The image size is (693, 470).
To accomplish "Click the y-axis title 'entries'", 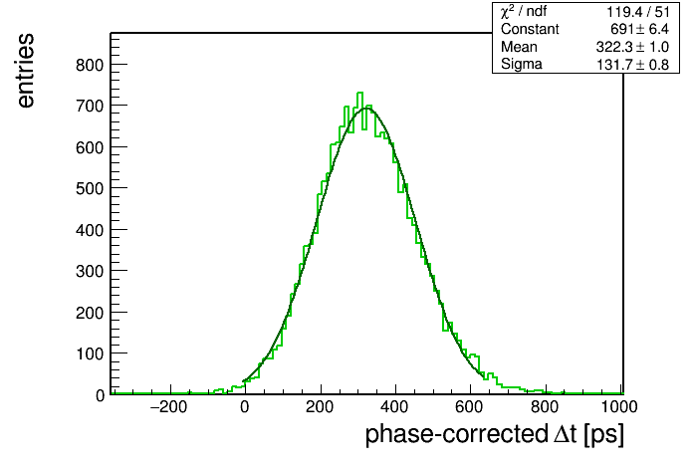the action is coord(26,71).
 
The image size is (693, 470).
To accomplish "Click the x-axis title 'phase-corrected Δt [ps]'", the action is coord(495,434).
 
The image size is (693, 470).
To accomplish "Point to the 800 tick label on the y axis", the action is coord(90,65).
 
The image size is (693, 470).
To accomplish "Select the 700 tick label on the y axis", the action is coord(90,107).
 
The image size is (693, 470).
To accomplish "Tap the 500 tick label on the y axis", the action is coord(90,189).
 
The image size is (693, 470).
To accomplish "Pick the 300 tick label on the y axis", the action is coord(90,271).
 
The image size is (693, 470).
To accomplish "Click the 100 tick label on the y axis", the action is coord(90,353).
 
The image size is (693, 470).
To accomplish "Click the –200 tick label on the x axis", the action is coord(169,407).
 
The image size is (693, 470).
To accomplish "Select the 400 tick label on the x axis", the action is coord(394,407).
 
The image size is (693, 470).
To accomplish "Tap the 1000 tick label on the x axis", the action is coord(619,407).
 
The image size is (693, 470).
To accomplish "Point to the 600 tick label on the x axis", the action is coord(469,407).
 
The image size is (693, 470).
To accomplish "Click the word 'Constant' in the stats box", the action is coord(530,29).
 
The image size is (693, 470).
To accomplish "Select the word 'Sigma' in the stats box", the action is coord(522,65).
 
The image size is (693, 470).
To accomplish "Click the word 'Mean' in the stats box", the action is coord(519,47).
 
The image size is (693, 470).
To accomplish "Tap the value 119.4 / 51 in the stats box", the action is coord(638,12).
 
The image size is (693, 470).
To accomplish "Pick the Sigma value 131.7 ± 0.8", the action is coord(632,65).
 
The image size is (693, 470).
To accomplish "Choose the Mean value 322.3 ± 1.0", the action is coord(632,47).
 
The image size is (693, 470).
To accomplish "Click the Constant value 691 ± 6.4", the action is coord(639,29).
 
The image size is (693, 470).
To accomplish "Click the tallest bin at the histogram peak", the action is coord(359,94).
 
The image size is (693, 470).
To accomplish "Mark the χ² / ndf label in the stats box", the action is coord(524,12).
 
